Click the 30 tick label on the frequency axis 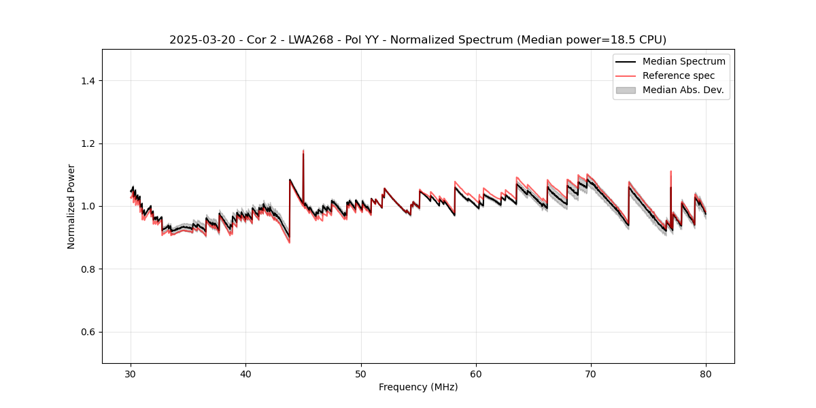tap(131, 374)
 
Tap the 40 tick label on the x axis tap(246, 374)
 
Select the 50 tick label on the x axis tap(361, 374)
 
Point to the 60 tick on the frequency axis tap(476, 374)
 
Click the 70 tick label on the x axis tap(591, 374)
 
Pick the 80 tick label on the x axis tap(706, 374)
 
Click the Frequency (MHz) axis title tap(418, 387)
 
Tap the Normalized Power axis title tap(71, 206)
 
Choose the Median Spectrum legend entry tap(683, 61)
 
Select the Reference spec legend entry tap(679, 75)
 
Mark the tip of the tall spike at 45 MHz tap(303, 150)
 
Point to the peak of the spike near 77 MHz tap(670, 171)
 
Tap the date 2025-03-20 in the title tap(198, 40)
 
